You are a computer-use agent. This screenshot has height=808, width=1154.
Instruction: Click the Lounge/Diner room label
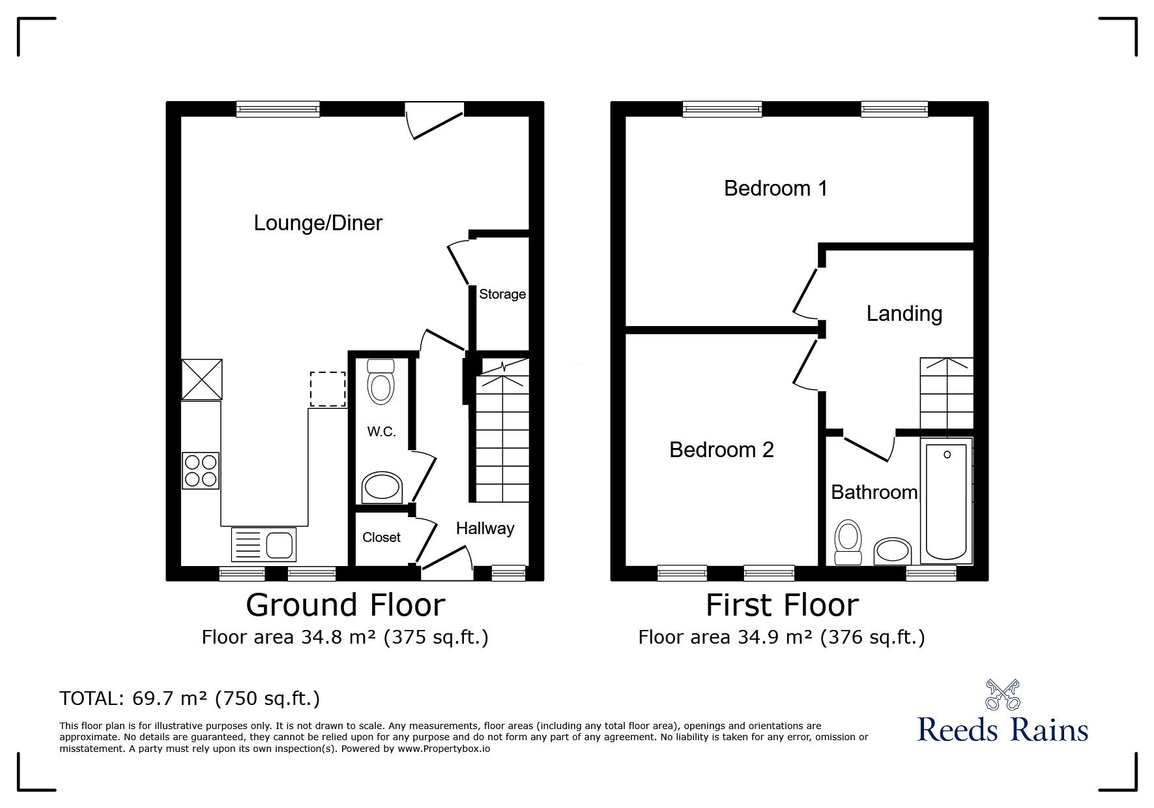point(317,223)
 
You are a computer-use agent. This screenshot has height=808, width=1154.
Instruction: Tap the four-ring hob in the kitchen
point(201,471)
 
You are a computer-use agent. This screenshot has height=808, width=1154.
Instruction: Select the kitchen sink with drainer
point(264,545)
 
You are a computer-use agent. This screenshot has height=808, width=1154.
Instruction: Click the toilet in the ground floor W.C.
point(381,382)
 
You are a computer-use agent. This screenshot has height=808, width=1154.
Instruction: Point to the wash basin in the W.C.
point(382,488)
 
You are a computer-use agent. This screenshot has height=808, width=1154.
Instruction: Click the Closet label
point(381,537)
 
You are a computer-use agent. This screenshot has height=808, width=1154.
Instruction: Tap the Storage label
point(502,294)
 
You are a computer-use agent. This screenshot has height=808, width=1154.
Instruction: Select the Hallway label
point(485,528)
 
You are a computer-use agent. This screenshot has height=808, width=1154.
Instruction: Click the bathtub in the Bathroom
point(946,501)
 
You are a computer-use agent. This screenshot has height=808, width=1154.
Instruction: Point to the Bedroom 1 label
point(775,188)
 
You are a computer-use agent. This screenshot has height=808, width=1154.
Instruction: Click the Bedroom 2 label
point(721,450)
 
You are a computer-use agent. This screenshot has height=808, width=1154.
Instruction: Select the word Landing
point(904,314)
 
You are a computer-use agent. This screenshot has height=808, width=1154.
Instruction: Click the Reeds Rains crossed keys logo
point(1002,695)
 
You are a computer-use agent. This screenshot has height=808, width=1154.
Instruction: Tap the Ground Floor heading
point(345,605)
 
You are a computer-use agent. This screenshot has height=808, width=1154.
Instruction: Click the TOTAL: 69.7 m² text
point(190,698)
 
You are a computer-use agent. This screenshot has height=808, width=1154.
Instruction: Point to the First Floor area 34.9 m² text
point(781,636)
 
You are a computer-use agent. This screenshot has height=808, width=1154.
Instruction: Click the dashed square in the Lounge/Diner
point(328,389)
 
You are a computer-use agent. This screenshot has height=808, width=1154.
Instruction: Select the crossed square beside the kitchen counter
point(201,380)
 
